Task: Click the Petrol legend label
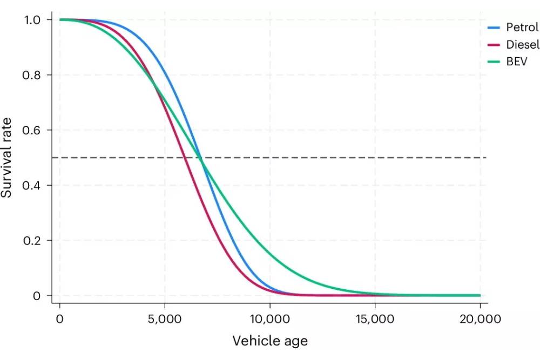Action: [522, 27]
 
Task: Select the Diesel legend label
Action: [522, 45]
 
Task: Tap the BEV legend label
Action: [516, 62]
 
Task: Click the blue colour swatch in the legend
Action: [495, 27]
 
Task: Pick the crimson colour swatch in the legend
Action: [495, 45]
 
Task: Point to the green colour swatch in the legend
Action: [495, 62]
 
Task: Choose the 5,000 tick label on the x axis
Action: [165, 318]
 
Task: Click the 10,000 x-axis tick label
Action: [269, 318]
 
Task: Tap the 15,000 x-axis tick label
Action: [375, 318]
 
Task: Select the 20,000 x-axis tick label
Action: [480, 318]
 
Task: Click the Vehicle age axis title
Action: [270, 341]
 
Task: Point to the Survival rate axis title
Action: [8, 157]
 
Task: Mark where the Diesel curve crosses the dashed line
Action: [185, 158]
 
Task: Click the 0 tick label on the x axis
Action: [59, 318]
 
